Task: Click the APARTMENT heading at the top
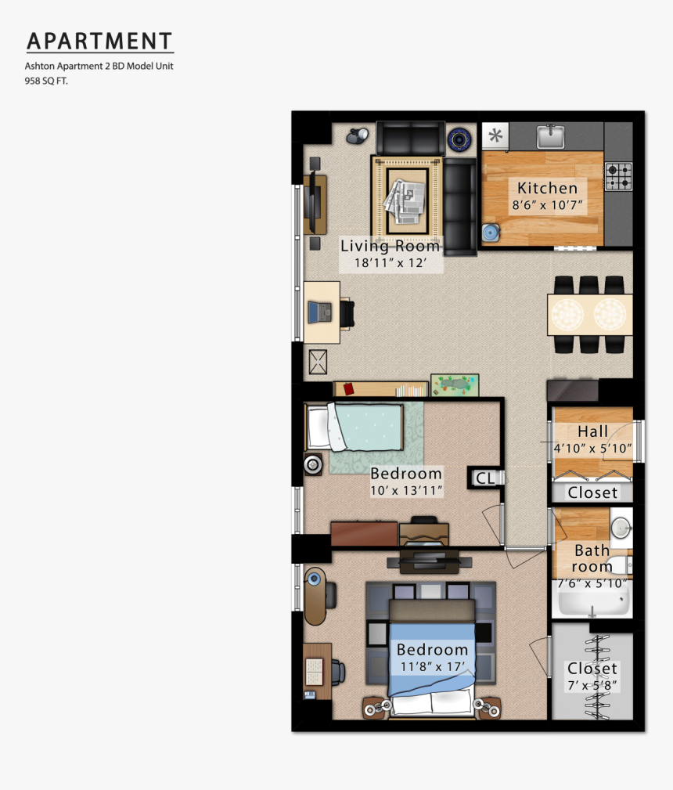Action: pos(99,41)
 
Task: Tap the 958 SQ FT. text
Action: pos(46,81)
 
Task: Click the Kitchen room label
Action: pos(547,188)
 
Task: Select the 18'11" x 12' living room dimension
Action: pos(390,263)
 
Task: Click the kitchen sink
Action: pos(551,137)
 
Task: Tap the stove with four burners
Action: pos(617,176)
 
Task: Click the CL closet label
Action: pos(485,478)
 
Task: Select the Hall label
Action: pos(592,431)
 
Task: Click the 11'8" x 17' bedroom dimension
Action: pos(431,667)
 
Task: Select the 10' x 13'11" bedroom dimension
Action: pos(406,491)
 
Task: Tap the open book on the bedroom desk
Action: pos(315,668)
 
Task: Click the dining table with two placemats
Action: pos(589,314)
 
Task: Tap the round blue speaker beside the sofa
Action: pos(459,139)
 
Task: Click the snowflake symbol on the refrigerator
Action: pos(495,137)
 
